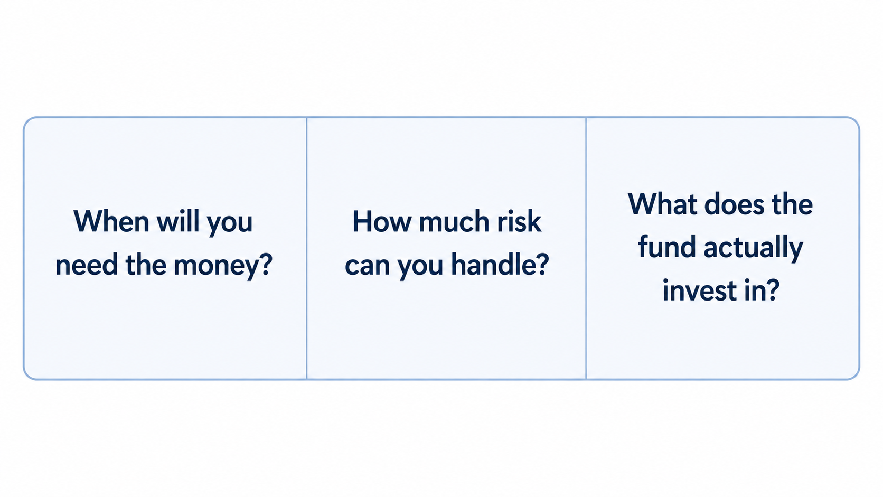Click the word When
[111, 221]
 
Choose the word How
[382, 221]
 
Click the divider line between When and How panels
[307, 248]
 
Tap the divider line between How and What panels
[586, 248]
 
